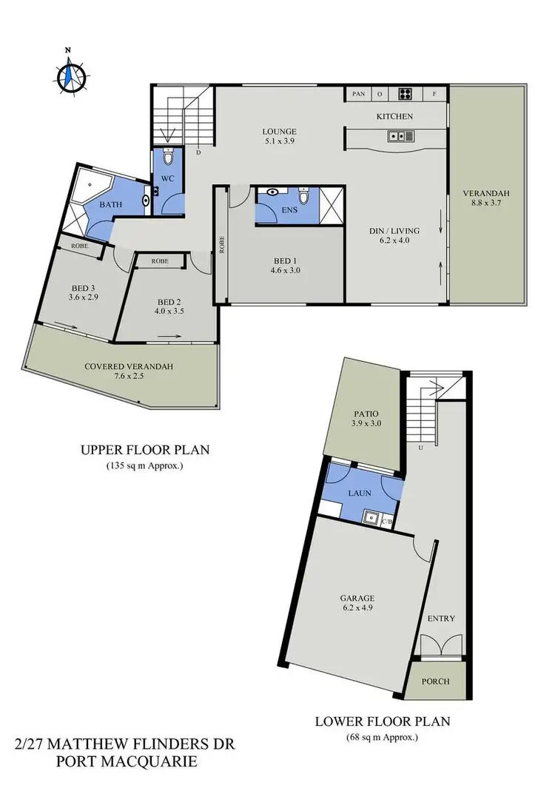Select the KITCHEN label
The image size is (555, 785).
[394, 116]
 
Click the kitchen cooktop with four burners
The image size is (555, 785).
[406, 94]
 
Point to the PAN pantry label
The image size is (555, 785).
[359, 94]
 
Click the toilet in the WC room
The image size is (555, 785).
[168, 158]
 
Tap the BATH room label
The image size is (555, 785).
[111, 204]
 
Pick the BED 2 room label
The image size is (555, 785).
[169, 302]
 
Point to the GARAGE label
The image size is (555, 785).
[357, 598]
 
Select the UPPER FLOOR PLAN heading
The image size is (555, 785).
[145, 449]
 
